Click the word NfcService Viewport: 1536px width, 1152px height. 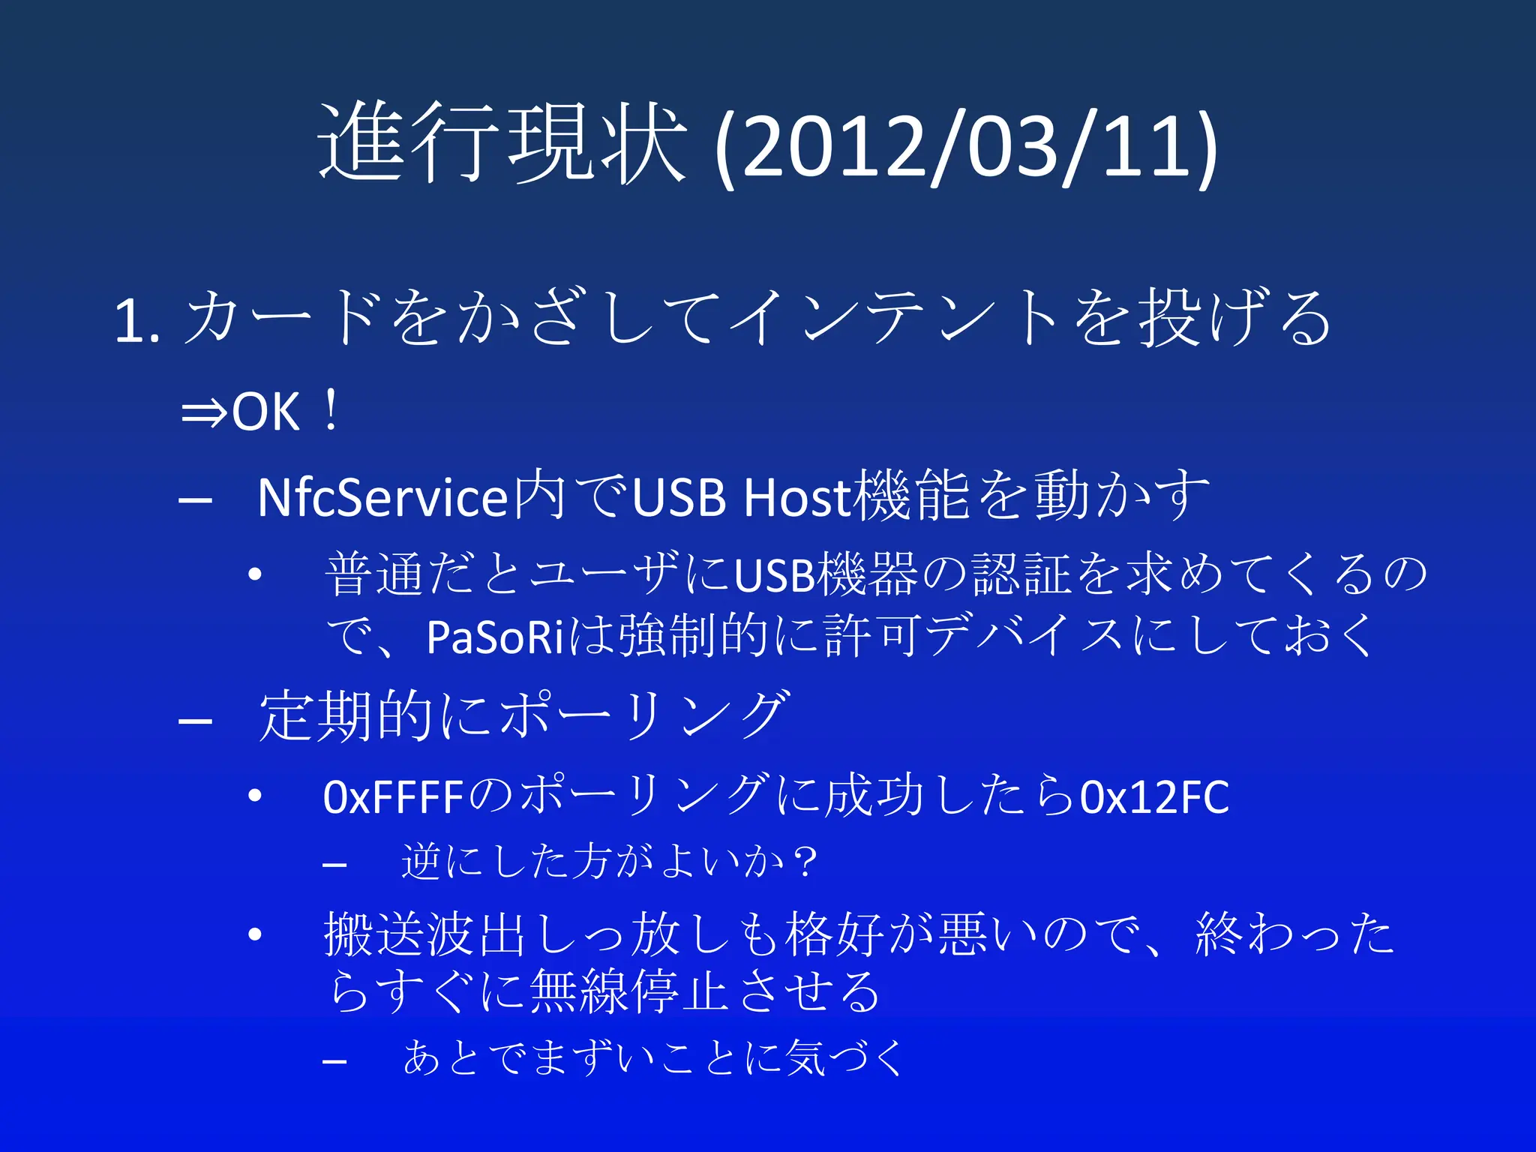[x=382, y=498]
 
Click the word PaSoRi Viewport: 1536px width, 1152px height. [x=494, y=637]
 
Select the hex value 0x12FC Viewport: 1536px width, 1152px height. [x=1154, y=797]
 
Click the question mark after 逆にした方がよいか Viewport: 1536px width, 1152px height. [x=806, y=862]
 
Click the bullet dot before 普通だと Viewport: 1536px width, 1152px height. [x=255, y=575]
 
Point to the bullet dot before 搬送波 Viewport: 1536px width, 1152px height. [x=255, y=934]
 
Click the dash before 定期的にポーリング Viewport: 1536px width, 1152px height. [x=195, y=721]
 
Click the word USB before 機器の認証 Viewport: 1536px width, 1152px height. [x=774, y=575]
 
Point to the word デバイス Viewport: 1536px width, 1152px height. [x=1024, y=637]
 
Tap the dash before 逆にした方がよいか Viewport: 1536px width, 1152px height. [x=334, y=865]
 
